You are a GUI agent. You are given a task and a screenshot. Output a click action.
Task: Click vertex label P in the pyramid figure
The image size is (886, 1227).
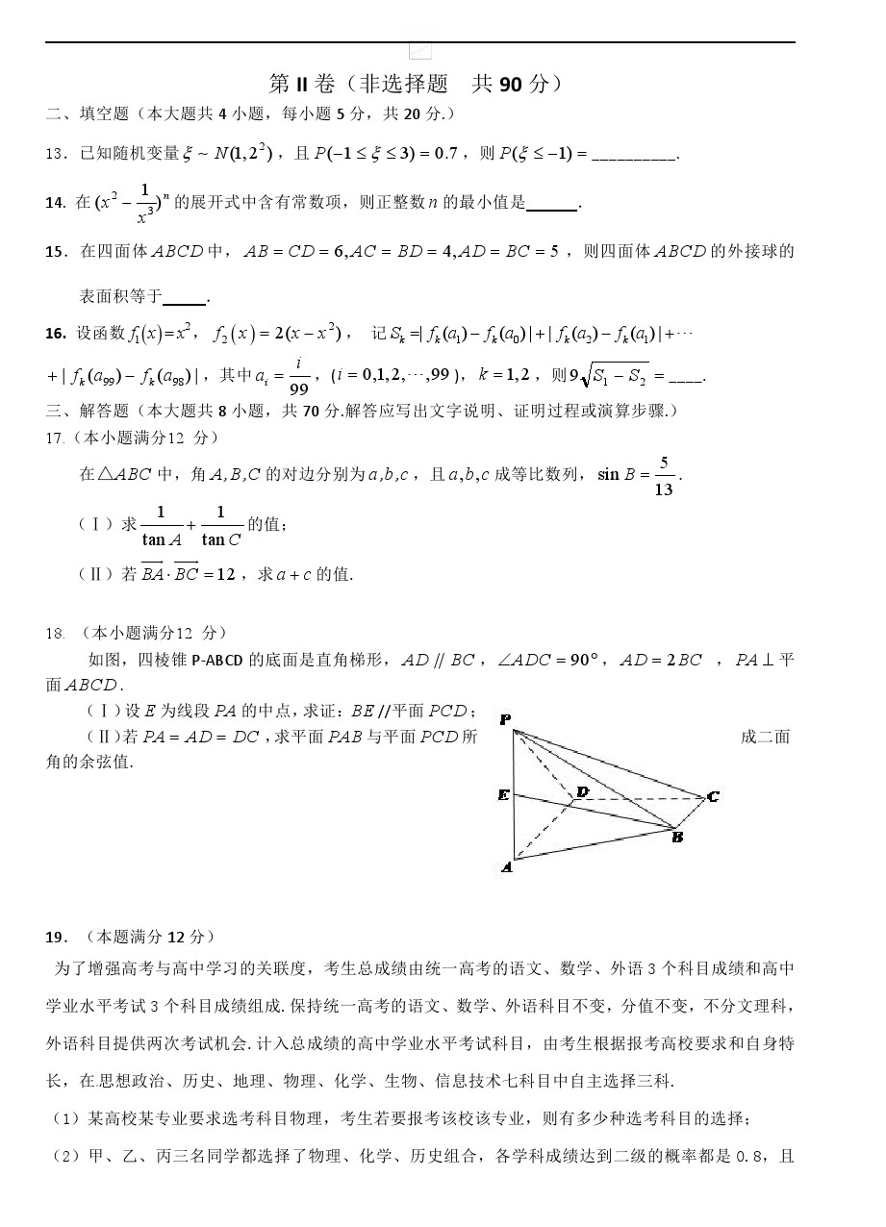[x=505, y=719]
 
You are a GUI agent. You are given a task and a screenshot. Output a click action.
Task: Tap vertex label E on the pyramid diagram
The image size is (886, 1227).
[x=503, y=795]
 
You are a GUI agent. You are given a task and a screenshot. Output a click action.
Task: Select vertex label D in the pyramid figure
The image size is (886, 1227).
[x=582, y=791]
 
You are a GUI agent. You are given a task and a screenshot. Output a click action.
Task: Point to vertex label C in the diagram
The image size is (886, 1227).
[x=713, y=796]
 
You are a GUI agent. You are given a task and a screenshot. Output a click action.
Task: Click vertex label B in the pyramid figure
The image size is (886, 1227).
[x=677, y=837]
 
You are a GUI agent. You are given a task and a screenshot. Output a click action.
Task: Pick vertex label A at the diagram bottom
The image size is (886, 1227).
[x=506, y=867]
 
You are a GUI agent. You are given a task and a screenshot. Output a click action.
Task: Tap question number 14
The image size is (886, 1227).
[x=54, y=203]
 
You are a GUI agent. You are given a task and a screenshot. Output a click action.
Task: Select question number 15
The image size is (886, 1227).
[x=54, y=252]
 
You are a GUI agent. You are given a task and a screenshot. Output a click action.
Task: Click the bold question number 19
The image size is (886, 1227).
[x=54, y=937]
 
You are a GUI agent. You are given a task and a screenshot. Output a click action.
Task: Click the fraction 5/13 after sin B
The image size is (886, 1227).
[x=663, y=476]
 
